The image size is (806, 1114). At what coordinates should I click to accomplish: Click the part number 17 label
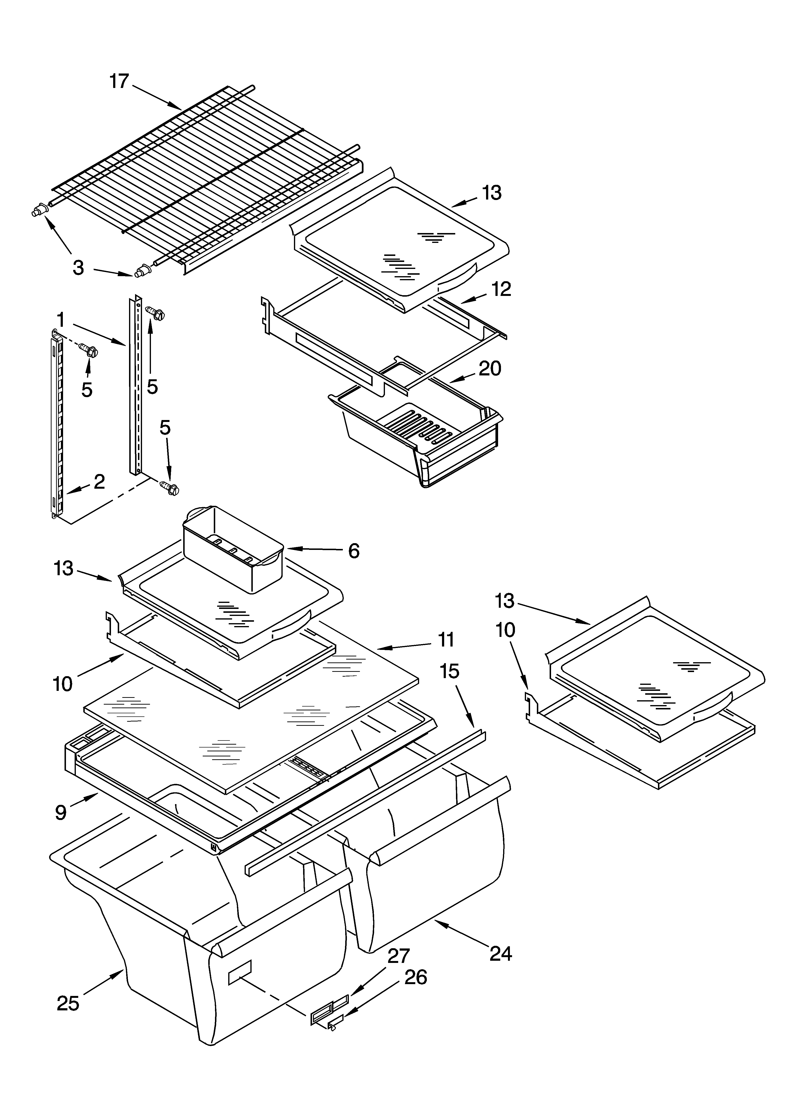click(119, 81)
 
